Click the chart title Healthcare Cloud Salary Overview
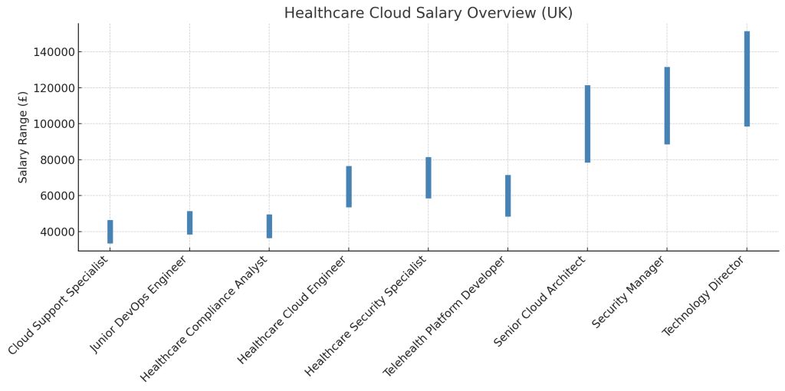tap(428, 13)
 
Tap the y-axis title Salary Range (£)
tap(23, 136)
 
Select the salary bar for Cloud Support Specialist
tap(110, 232)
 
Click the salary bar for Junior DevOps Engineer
tap(189, 223)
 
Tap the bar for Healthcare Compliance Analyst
tap(269, 226)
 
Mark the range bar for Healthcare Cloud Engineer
tap(349, 186)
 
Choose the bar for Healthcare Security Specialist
tap(429, 178)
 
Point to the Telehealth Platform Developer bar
tap(507, 195)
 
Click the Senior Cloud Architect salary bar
tap(587, 123)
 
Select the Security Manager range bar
tap(667, 106)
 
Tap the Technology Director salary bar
tap(747, 79)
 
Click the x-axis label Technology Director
tap(705, 297)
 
